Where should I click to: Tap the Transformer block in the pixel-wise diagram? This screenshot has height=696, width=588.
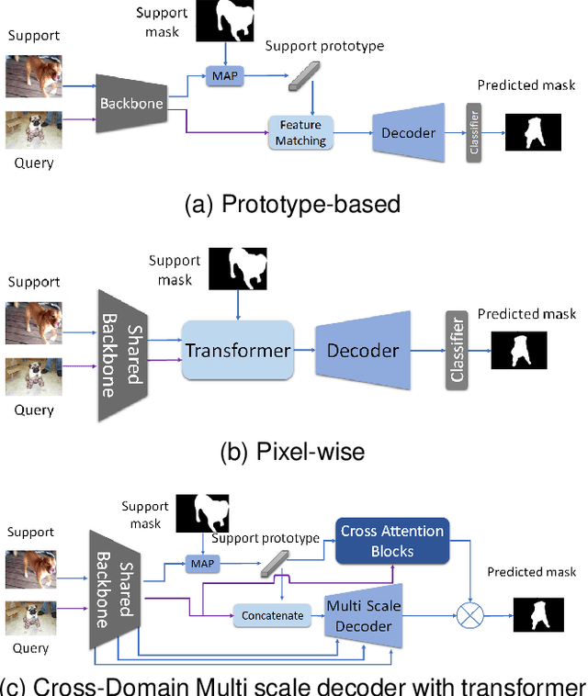coord(238,350)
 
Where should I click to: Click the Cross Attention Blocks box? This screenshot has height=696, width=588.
coord(392,541)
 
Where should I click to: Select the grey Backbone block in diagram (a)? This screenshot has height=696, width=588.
coord(130,104)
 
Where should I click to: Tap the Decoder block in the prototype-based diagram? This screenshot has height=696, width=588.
coord(409,133)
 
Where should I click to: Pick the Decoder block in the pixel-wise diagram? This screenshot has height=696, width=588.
coord(364,350)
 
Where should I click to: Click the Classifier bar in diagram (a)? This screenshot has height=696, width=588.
coord(474,133)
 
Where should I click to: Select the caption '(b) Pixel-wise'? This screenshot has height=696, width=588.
coord(293,451)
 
